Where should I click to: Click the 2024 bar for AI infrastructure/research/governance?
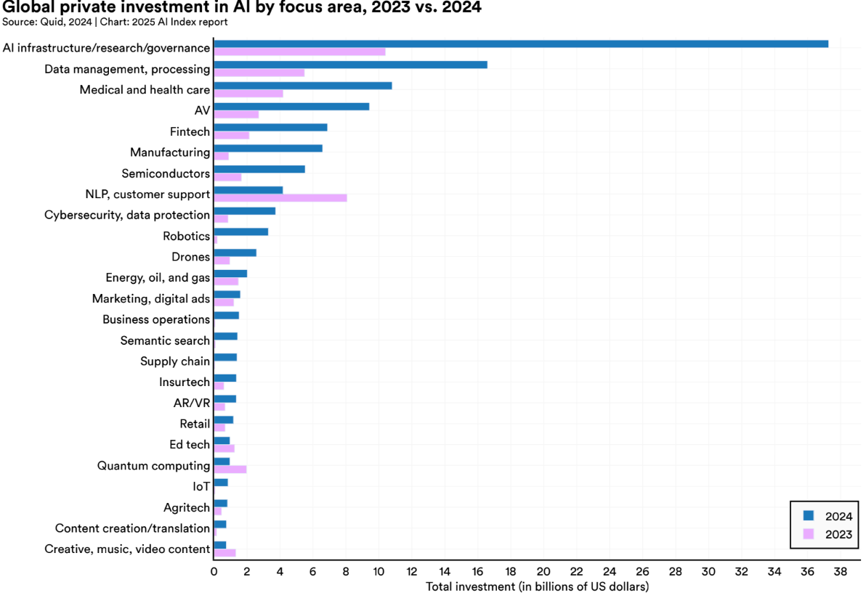(x=521, y=44)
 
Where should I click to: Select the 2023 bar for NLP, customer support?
(x=280, y=198)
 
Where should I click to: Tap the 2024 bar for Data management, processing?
(x=350, y=65)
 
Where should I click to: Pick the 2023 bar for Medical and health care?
(x=248, y=94)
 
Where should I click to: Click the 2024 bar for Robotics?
(x=241, y=232)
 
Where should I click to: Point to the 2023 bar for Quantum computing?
(x=230, y=470)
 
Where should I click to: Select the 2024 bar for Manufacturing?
(x=268, y=148)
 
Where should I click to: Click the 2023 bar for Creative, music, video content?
(x=224, y=553)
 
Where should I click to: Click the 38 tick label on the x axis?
(x=841, y=572)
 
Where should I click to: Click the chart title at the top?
(x=242, y=8)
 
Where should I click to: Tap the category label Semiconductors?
(x=166, y=173)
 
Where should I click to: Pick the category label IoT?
(x=201, y=487)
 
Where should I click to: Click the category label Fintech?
(x=190, y=132)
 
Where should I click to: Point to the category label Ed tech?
(x=190, y=445)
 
